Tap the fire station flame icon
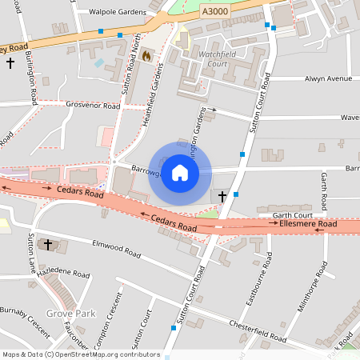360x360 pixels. pyautogui.click(x=146, y=55)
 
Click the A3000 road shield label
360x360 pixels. pyautogui.click(x=214, y=11)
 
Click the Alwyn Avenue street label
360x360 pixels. pyautogui.click(x=328, y=79)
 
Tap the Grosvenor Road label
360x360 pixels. pyautogui.click(x=90, y=104)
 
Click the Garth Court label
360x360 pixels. pyautogui.click(x=290, y=215)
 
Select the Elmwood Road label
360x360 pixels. pyautogui.click(x=117, y=249)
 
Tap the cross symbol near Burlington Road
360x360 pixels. pyautogui.click(x=10, y=82)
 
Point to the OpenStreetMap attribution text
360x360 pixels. pyautogui.click(x=81, y=354)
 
